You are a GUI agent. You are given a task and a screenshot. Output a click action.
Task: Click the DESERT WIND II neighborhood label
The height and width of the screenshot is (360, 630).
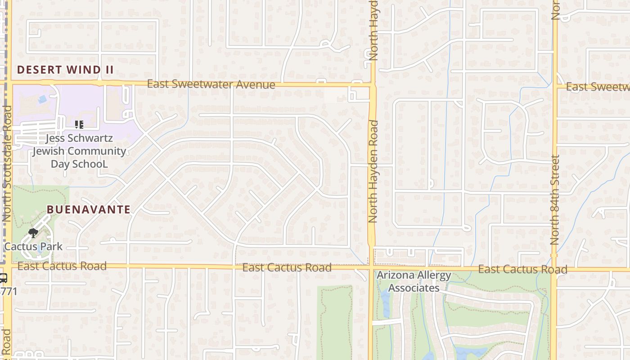tap(65, 70)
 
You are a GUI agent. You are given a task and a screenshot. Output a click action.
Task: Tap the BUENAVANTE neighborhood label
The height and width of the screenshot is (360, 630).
tap(89, 209)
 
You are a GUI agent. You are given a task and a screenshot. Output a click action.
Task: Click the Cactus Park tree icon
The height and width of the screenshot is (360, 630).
tap(33, 233)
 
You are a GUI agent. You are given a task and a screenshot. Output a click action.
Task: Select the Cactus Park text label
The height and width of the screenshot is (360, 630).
tap(33, 247)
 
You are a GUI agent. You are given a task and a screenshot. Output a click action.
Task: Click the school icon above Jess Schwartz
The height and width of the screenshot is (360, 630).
tap(79, 124)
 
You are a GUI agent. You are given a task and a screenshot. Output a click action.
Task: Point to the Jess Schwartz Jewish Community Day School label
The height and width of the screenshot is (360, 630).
tap(79, 151)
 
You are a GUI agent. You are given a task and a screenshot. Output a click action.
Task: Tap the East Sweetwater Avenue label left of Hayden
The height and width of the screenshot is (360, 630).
tap(211, 84)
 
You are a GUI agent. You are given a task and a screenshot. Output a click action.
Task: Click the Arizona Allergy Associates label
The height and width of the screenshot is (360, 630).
tap(414, 281)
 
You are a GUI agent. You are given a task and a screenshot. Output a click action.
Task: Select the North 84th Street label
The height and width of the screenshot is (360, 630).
tap(555, 200)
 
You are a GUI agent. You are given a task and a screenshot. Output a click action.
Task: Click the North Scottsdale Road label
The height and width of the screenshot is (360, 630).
tap(7, 163)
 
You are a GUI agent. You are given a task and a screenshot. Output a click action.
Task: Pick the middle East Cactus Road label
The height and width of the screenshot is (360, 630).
tap(287, 267)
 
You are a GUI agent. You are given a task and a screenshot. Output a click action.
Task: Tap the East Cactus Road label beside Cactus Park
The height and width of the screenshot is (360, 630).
tap(62, 266)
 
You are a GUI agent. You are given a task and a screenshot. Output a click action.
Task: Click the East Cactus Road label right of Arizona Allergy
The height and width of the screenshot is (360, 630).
tap(522, 269)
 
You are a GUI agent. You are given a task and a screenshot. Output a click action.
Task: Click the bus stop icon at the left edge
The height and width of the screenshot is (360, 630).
tap(3, 278)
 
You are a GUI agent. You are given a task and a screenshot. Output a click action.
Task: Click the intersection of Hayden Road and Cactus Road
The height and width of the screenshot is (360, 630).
tap(372, 268)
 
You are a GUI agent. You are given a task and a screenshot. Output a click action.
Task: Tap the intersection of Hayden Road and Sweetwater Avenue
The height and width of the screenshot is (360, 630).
tap(372, 84)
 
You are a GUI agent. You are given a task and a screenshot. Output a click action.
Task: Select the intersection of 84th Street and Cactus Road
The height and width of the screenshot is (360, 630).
tap(554, 269)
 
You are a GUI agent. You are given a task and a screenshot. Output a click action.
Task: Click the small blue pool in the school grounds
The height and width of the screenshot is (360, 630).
tap(42, 99)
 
